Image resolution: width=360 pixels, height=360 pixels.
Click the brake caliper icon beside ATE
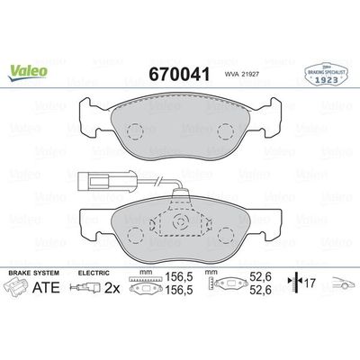coord(22,289)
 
